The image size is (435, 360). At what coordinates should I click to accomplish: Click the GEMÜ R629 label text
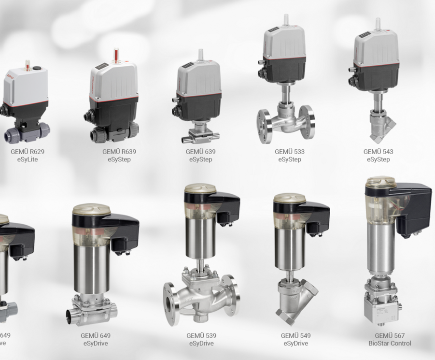[x=27, y=151]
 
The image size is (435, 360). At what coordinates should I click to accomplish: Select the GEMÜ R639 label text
[x=116, y=151]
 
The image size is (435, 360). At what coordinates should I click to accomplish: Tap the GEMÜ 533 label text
[x=290, y=151]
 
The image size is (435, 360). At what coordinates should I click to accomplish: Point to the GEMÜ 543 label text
[x=378, y=151]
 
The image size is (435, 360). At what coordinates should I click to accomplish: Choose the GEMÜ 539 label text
[x=201, y=335]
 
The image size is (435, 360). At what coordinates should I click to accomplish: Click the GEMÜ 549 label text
[x=295, y=335]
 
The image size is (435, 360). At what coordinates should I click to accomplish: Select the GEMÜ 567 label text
[x=390, y=335]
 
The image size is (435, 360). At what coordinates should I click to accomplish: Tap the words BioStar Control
[x=390, y=344]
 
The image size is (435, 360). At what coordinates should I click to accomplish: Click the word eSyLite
[x=27, y=159]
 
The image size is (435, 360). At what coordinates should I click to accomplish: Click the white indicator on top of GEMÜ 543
[x=378, y=24]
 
